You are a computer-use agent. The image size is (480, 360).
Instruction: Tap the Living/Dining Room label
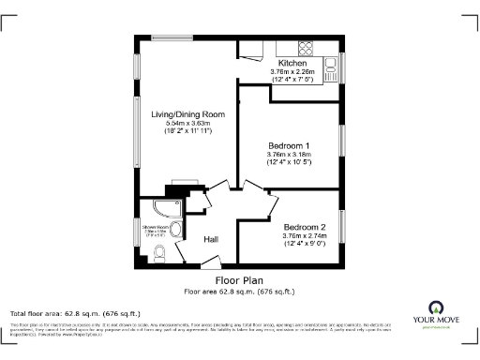click(187, 114)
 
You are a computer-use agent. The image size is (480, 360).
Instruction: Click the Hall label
click(211, 240)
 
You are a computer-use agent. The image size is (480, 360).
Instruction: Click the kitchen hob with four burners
click(307, 49)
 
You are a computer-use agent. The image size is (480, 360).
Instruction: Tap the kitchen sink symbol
click(331, 66)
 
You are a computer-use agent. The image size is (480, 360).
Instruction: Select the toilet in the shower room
click(157, 251)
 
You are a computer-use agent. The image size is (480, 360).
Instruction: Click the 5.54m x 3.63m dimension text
click(187, 124)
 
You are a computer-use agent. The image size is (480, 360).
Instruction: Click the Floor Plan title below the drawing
click(239, 279)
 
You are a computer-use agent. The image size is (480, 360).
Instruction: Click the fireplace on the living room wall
click(181, 186)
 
